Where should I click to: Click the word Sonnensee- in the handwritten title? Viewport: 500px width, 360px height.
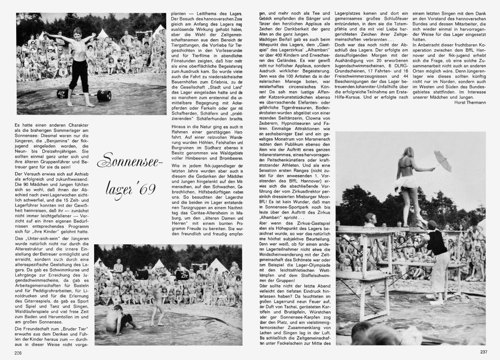click(x=131, y=161)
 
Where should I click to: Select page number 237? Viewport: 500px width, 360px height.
click(x=483, y=352)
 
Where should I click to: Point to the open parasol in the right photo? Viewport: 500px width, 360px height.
click(x=441, y=162)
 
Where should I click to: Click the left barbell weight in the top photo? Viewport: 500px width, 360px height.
click(x=63, y=94)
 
